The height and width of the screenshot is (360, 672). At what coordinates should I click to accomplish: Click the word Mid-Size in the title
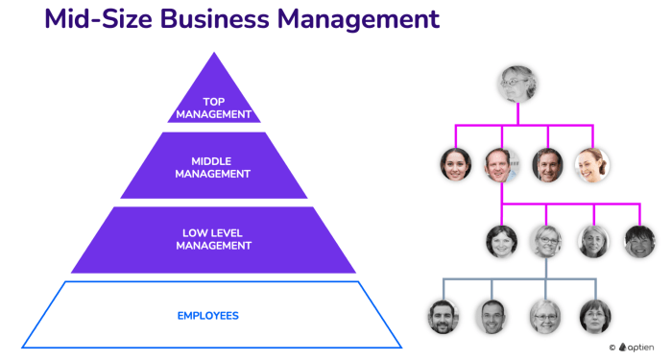[x=102, y=19]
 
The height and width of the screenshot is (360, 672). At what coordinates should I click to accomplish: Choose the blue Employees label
[x=208, y=316]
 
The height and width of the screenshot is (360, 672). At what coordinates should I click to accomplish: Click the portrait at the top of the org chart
[x=516, y=84]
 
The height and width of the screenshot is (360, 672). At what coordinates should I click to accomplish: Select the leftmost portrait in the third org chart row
[x=501, y=241]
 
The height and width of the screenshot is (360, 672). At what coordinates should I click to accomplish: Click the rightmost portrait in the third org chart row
[x=639, y=241]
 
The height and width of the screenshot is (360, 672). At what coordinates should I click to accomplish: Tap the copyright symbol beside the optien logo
[x=612, y=348]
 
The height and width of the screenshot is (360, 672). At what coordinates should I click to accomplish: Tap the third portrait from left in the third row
[x=593, y=241]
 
